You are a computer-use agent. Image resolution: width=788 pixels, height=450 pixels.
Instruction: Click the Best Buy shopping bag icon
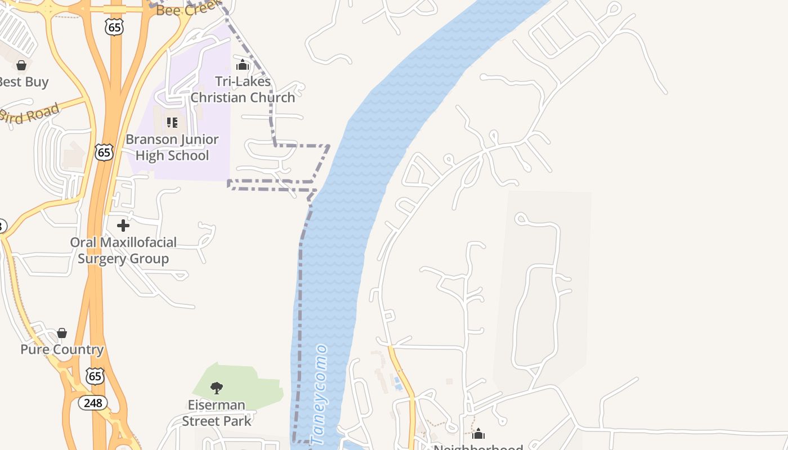coord(21,66)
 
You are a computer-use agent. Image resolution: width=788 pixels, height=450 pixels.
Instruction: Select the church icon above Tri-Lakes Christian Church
coord(243,65)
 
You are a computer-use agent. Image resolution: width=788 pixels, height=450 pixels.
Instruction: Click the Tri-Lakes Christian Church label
coord(243,89)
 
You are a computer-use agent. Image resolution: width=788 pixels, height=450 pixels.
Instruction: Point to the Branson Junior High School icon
coord(172,122)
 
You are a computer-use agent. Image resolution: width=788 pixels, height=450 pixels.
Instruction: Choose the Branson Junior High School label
coord(172,147)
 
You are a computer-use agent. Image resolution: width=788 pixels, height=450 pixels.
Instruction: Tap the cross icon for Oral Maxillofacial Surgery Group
coord(123,226)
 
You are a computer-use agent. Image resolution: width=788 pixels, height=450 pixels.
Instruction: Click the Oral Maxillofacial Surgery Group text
coord(123,250)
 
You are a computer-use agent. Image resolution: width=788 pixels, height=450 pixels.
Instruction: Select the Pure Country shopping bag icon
coord(62,333)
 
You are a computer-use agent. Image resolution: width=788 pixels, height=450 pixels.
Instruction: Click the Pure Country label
coord(62,349)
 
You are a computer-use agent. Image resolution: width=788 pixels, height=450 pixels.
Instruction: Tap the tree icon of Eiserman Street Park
coord(216,388)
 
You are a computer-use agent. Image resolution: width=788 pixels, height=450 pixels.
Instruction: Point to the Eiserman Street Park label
coord(217,413)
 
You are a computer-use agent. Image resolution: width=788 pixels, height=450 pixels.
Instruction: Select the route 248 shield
coord(92,403)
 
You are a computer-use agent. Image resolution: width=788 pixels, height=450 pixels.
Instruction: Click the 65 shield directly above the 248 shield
coord(95,376)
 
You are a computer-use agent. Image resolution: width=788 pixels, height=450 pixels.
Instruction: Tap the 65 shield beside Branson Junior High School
coord(104,152)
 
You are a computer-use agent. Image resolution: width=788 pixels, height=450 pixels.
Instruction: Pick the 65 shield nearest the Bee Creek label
coord(114,27)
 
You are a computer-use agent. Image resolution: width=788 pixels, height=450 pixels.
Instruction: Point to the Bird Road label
coord(29,115)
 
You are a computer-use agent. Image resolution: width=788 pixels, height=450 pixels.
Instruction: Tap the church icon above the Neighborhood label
coord(478,434)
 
